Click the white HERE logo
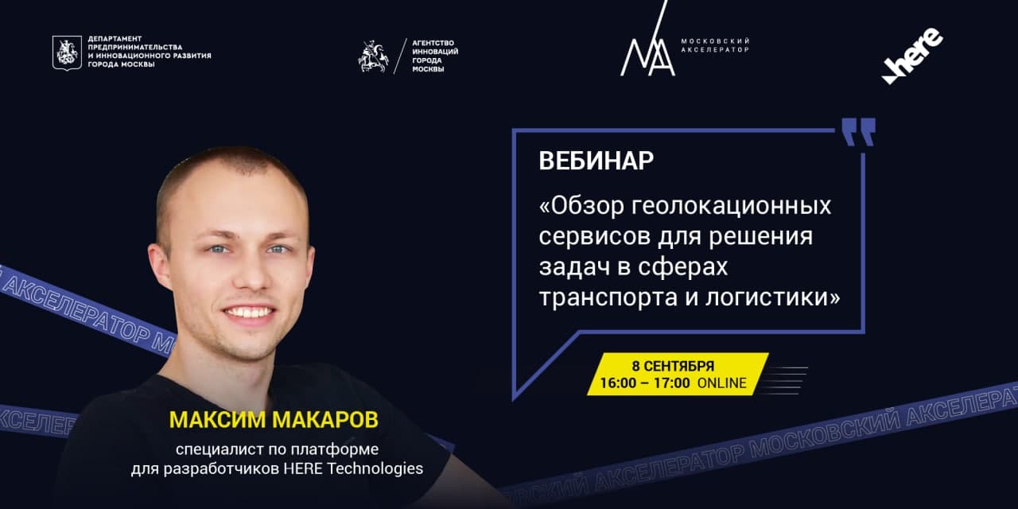coord(912,56)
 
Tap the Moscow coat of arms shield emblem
coord(68,52)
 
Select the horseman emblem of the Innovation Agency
coord(373,56)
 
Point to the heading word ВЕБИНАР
coord(596,161)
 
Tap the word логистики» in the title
coord(772,298)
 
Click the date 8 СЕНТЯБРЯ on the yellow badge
coord(673,366)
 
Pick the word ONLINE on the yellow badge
coord(722,383)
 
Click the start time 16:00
coord(618,383)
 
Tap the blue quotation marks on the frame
coord(858,132)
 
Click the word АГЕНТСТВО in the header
coord(433,43)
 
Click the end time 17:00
coord(672,383)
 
